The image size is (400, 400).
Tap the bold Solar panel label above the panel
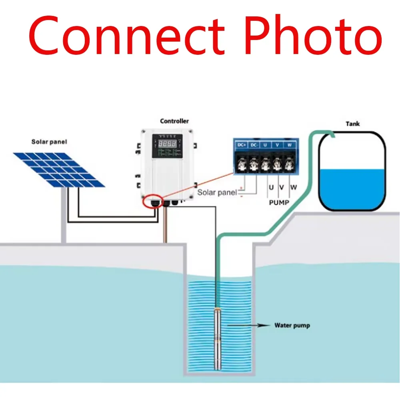[50, 142]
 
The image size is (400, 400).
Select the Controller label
[174, 121]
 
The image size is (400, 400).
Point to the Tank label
[352, 124]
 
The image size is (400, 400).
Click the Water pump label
[292, 325]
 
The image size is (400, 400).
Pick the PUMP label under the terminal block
[279, 202]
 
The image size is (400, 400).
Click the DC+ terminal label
[241, 145]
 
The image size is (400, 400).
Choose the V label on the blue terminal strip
[277, 145]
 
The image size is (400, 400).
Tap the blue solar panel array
[59, 169]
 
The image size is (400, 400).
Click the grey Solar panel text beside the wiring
[217, 193]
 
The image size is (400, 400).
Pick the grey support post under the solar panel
[64, 216]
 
